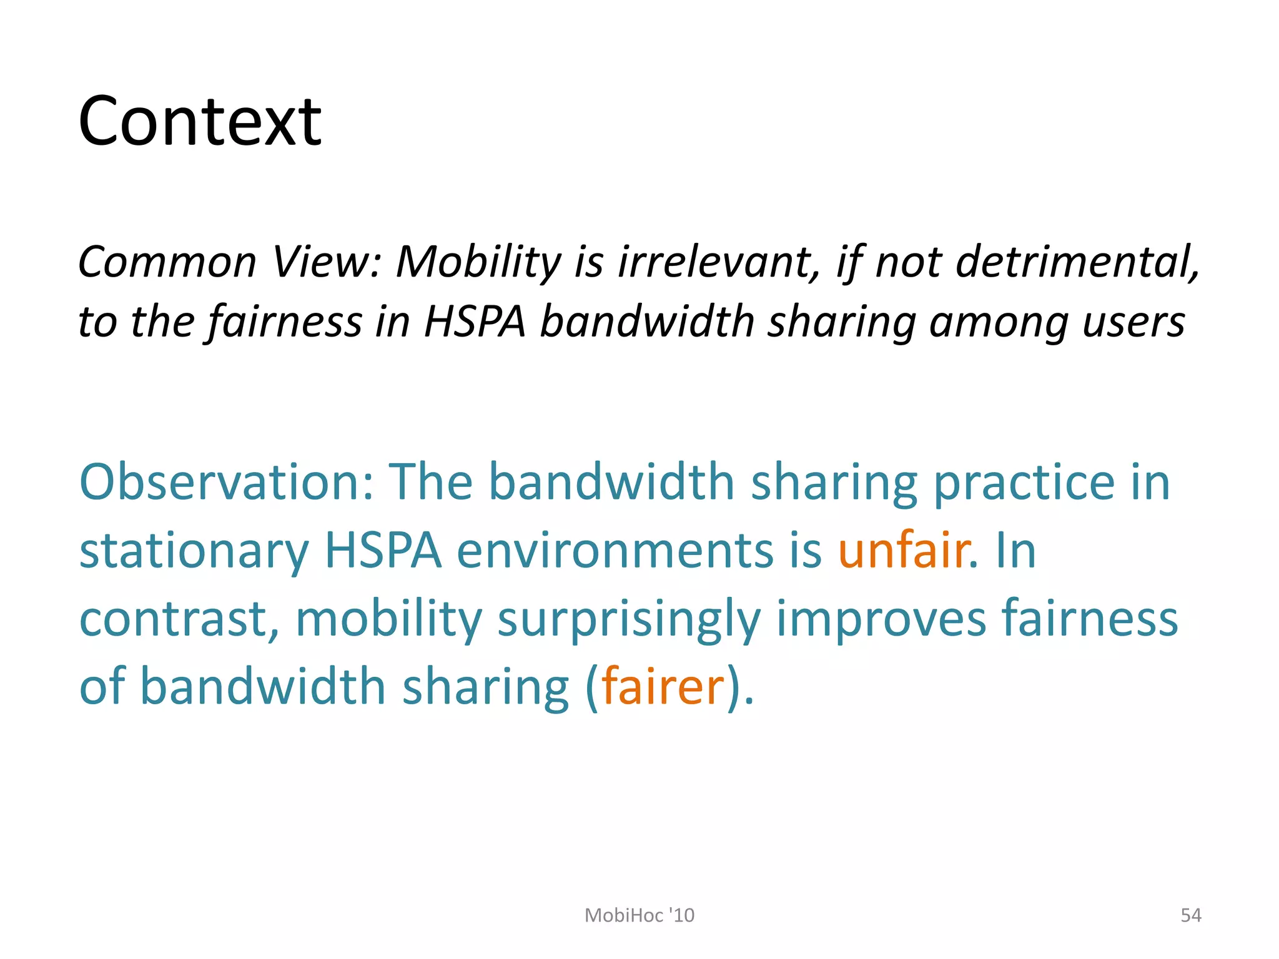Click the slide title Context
pos(200,121)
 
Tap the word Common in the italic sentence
pos(167,262)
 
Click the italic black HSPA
pos(475,322)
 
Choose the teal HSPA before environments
pos(383,551)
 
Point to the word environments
pos(615,551)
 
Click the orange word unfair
pos(903,551)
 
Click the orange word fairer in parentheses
pos(662,687)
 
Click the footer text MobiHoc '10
pos(639,915)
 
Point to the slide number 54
pos(1190,915)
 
